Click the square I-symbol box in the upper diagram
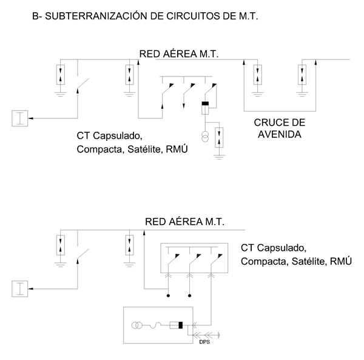click(19, 119)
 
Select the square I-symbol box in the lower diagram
click(19, 289)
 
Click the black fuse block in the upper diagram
click(205, 108)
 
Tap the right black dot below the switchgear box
click(189, 297)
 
